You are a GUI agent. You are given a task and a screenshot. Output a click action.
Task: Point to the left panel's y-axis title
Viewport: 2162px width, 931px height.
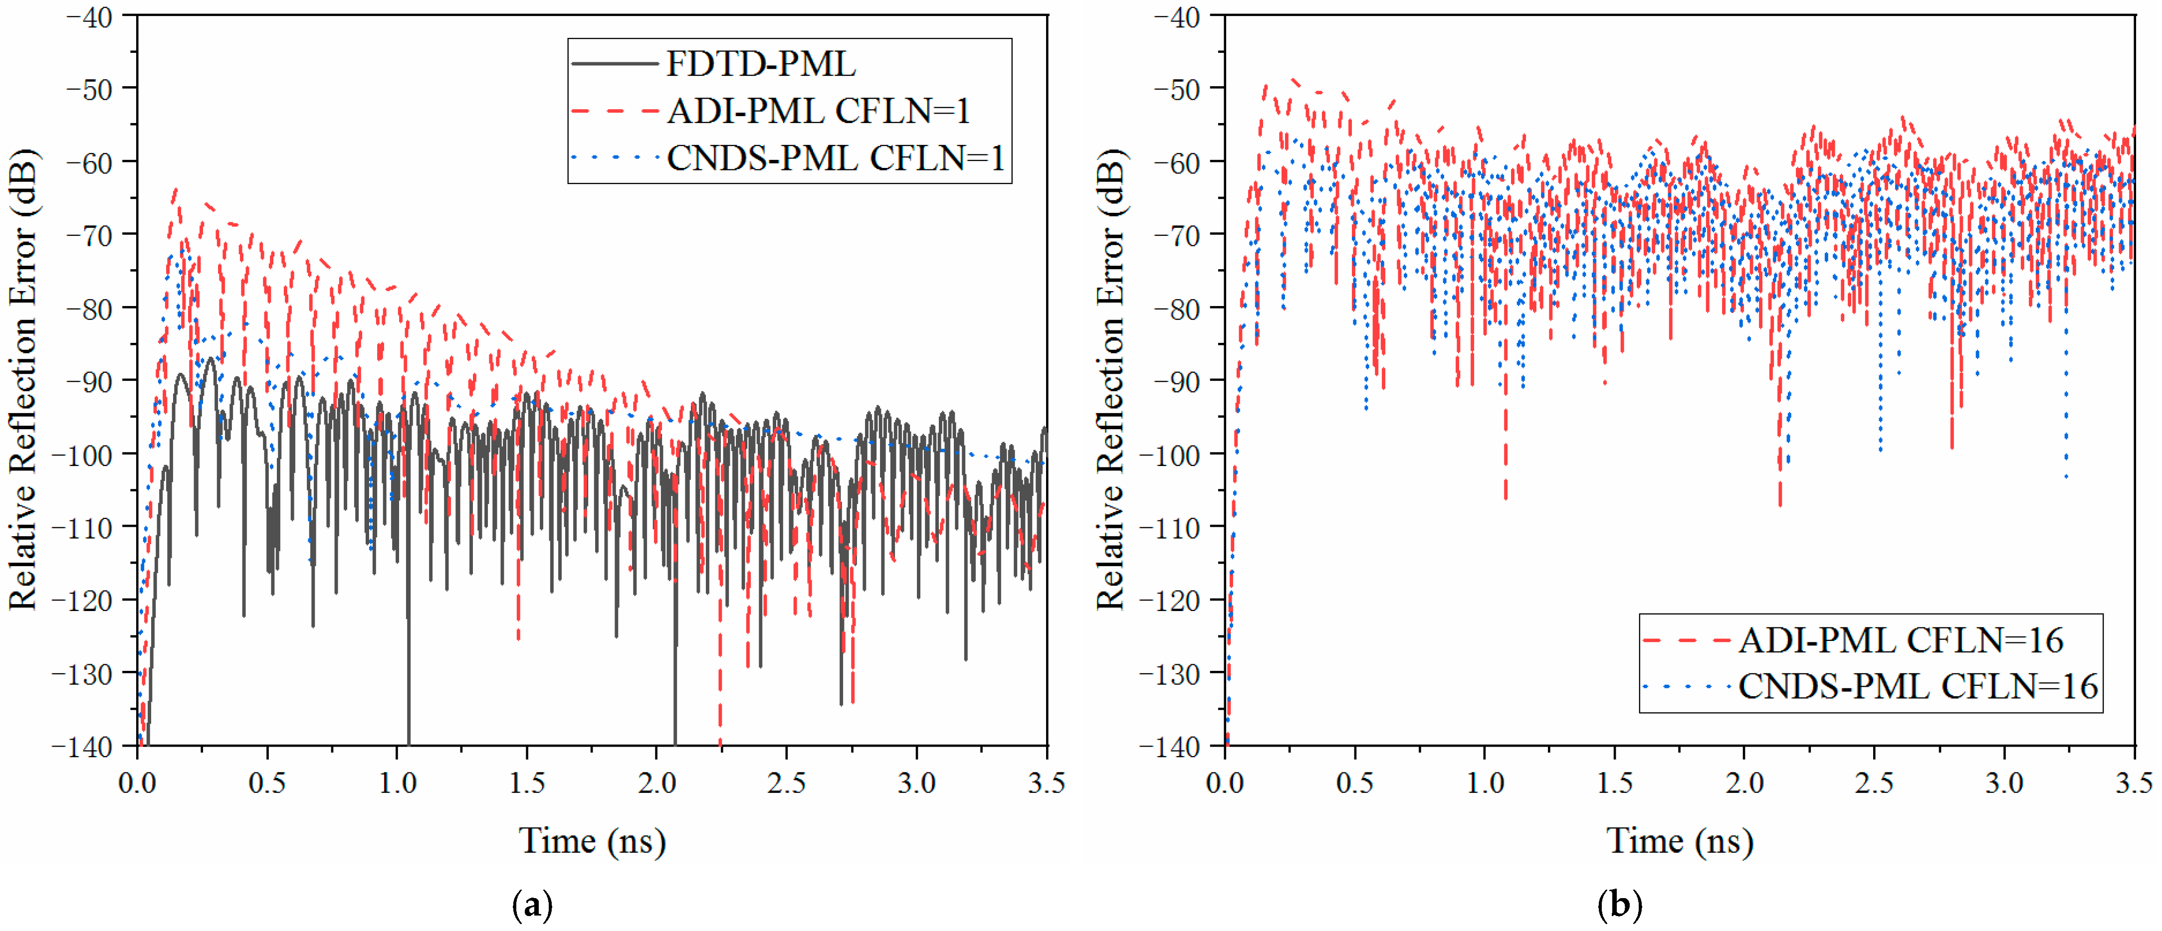point(23,379)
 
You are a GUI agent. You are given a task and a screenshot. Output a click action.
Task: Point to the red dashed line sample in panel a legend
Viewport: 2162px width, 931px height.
point(615,111)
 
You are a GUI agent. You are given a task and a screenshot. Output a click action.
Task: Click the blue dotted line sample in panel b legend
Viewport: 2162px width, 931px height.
point(1685,686)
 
